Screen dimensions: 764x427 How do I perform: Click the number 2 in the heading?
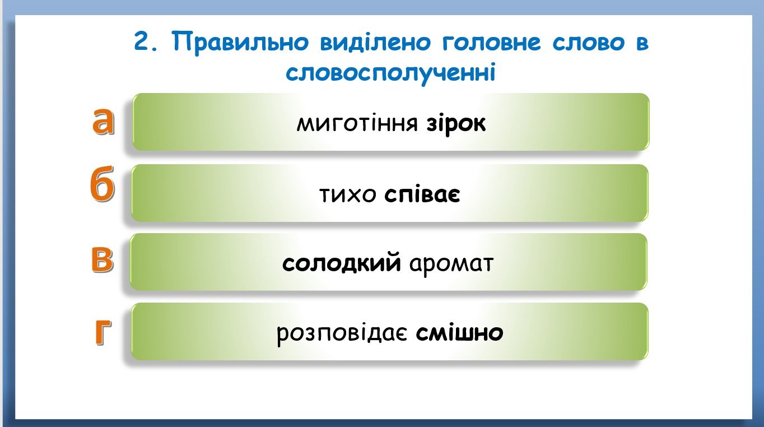tap(143, 41)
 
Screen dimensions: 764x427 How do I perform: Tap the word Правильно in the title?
tap(240, 43)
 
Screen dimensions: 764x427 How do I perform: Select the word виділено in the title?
tap(375, 41)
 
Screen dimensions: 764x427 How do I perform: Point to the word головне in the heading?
tap(491, 42)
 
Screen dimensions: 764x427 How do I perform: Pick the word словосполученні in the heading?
tap(390, 73)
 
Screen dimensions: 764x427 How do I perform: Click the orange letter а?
tap(103, 121)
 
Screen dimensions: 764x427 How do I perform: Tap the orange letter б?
tap(102, 184)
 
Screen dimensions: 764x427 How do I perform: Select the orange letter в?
tap(102, 260)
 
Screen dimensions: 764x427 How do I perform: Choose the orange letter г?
tap(103, 332)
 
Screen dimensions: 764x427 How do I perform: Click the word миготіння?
tap(357, 123)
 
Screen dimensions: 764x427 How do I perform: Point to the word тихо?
tap(348, 195)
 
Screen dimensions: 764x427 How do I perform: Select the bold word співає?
tap(422, 195)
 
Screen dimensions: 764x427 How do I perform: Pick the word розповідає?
tap(342, 333)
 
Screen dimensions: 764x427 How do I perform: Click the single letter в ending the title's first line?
tap(642, 43)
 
